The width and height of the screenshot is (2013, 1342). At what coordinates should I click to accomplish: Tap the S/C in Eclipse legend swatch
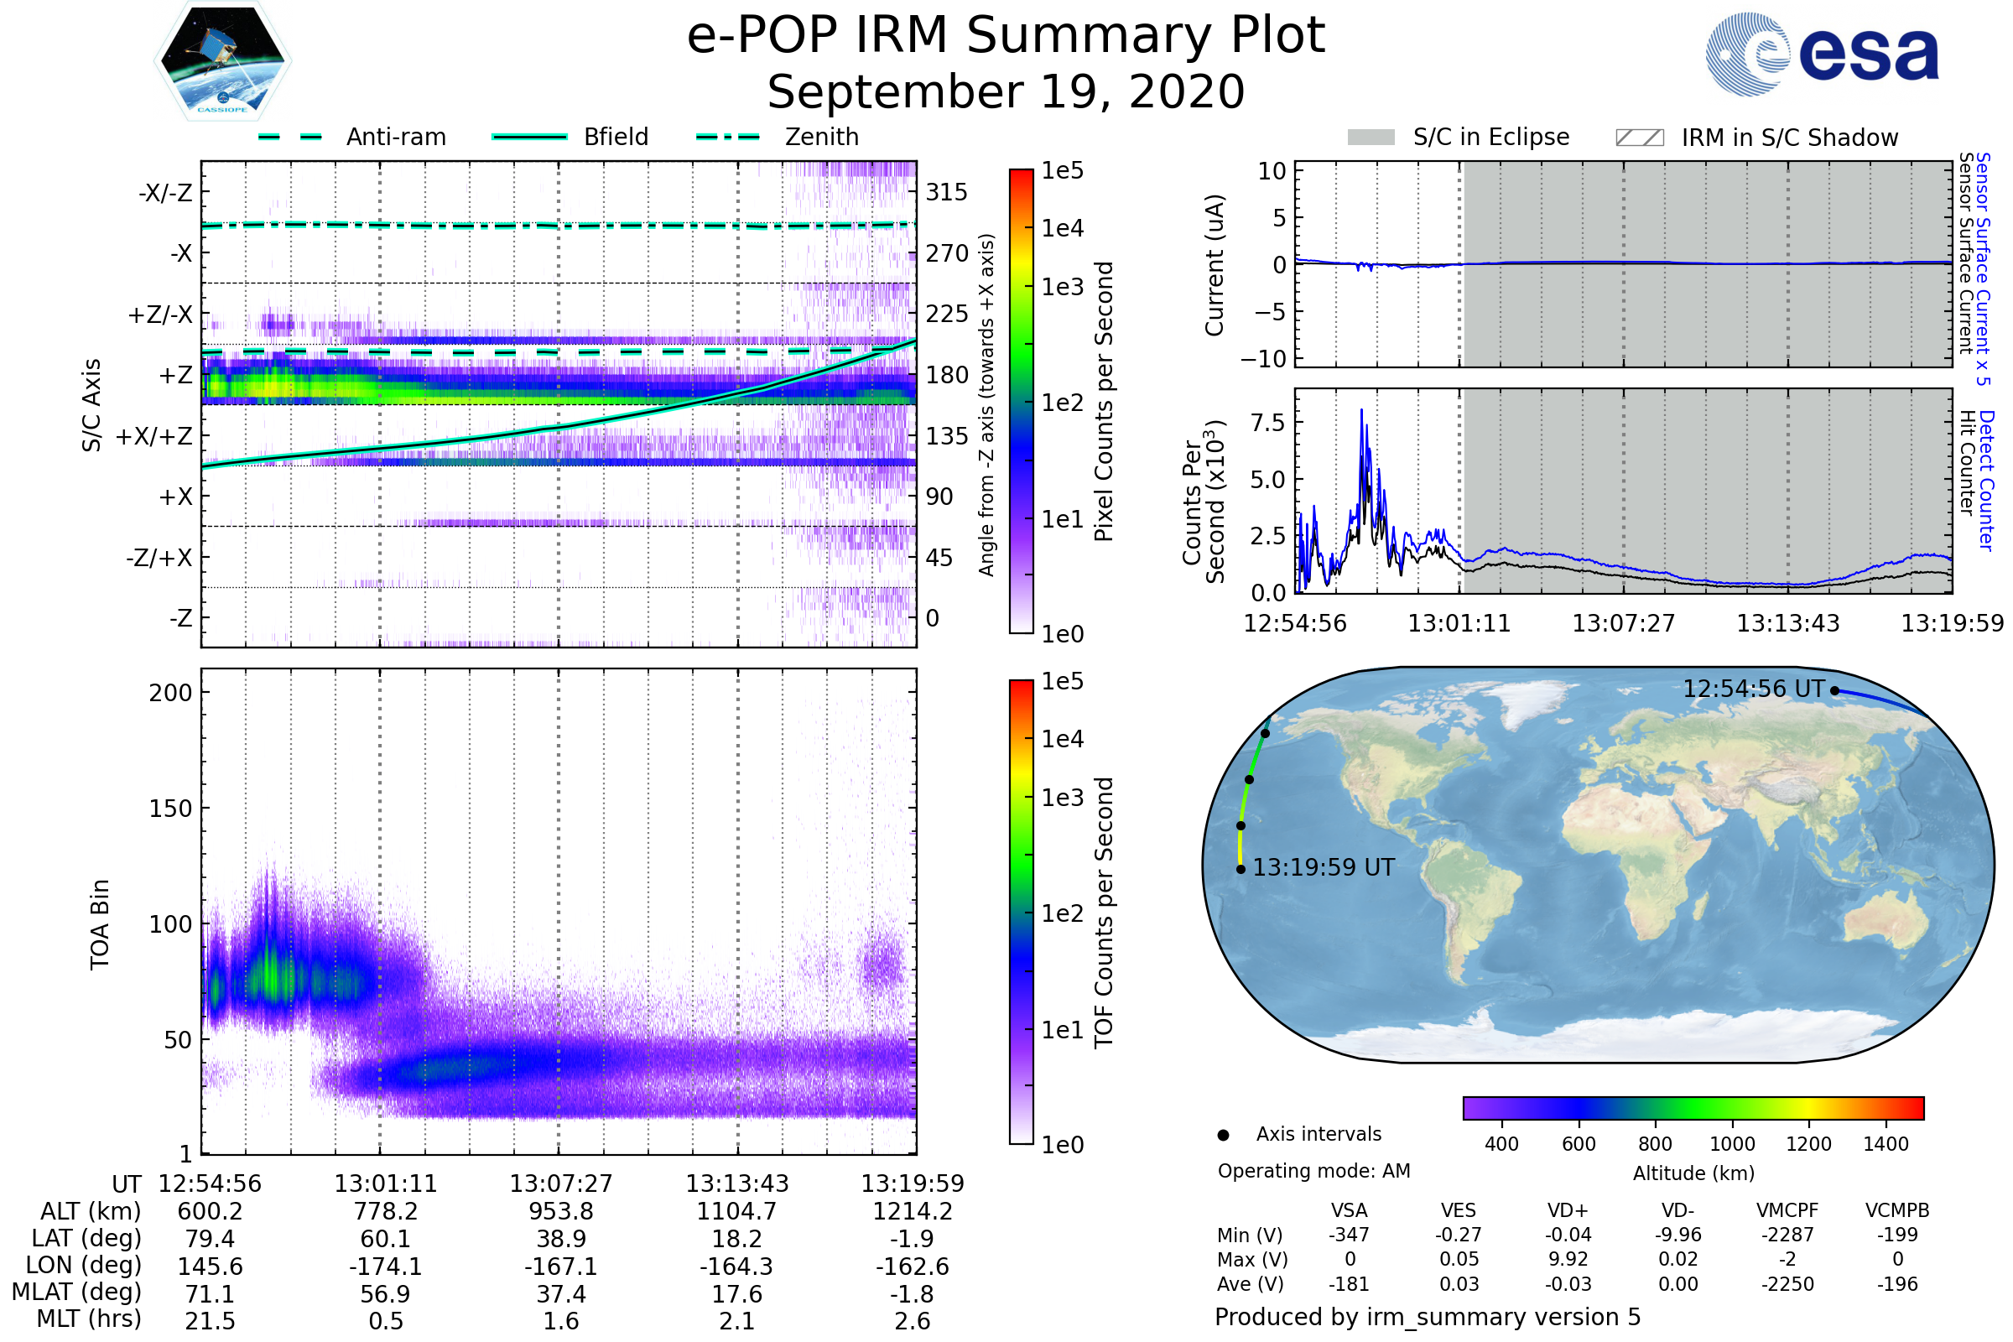[x=1371, y=137]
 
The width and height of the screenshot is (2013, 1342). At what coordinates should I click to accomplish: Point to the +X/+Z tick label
[x=154, y=436]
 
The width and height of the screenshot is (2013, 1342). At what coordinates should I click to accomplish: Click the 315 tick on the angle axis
[x=946, y=192]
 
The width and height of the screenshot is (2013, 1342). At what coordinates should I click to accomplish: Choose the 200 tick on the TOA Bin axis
[x=170, y=693]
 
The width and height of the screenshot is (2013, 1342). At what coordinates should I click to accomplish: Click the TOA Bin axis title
[x=99, y=924]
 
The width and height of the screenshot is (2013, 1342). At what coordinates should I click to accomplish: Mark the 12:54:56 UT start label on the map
[x=1753, y=689]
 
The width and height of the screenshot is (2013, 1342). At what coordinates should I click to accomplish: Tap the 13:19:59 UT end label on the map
[x=1324, y=868]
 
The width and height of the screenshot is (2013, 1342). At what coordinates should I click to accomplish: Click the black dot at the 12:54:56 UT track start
[x=1834, y=690]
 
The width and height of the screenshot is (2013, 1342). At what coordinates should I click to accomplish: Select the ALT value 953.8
[x=560, y=1211]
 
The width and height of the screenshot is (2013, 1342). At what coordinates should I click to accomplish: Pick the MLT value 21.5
[x=210, y=1320]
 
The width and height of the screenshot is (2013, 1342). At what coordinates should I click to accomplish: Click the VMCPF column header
[x=1787, y=1210]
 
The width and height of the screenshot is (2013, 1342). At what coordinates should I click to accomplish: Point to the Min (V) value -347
[x=1349, y=1235]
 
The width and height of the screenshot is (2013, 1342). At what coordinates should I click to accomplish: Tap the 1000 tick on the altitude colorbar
[x=1731, y=1144]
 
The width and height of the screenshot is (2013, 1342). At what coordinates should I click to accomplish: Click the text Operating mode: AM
[x=1313, y=1171]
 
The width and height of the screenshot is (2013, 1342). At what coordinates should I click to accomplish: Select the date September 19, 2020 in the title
[x=1006, y=91]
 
